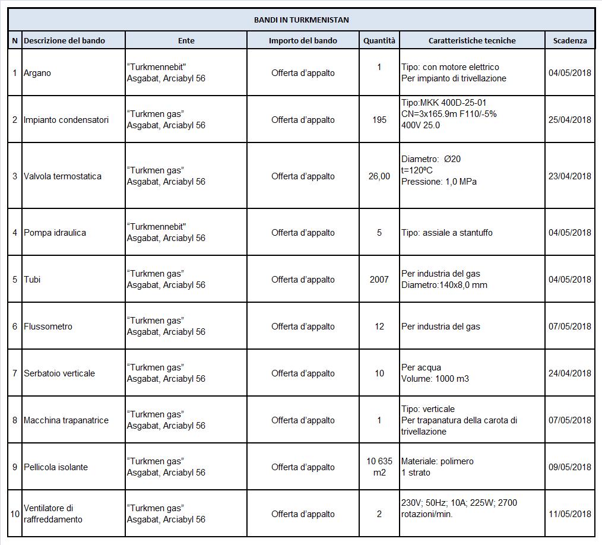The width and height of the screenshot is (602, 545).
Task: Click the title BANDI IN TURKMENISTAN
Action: pyautogui.click(x=301, y=20)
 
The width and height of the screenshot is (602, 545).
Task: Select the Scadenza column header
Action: pyautogui.click(x=570, y=40)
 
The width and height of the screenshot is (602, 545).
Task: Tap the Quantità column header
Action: pyautogui.click(x=379, y=40)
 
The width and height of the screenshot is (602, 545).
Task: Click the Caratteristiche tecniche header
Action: pyautogui.click(x=472, y=40)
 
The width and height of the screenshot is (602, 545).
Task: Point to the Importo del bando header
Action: pyautogui.click(x=303, y=40)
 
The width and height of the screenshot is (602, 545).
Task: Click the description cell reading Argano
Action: pyautogui.click(x=37, y=73)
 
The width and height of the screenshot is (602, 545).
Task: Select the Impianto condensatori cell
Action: pyautogui.click(x=66, y=119)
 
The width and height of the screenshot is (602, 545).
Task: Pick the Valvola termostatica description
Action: pyautogui.click(x=62, y=176)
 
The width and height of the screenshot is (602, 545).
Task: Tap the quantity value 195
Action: pyautogui.click(x=379, y=119)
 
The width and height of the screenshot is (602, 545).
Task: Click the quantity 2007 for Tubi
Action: pyautogui.click(x=379, y=279)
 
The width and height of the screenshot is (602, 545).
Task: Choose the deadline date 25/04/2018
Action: pyautogui.click(x=570, y=119)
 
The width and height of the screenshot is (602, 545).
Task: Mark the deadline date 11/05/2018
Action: pyautogui.click(x=570, y=514)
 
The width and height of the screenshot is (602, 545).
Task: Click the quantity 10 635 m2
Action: pyautogui.click(x=379, y=467)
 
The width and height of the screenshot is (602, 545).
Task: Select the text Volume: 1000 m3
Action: pyautogui.click(x=435, y=379)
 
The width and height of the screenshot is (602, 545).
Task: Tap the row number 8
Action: pyautogui.click(x=15, y=420)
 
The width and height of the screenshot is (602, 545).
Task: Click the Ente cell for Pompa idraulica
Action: pyautogui.click(x=166, y=233)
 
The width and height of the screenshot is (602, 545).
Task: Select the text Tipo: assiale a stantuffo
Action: pyautogui.click(x=447, y=233)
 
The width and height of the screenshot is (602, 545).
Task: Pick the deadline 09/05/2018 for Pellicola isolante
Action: pyautogui.click(x=570, y=467)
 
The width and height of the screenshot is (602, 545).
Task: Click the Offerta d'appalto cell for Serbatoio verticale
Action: pyautogui.click(x=303, y=373)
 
